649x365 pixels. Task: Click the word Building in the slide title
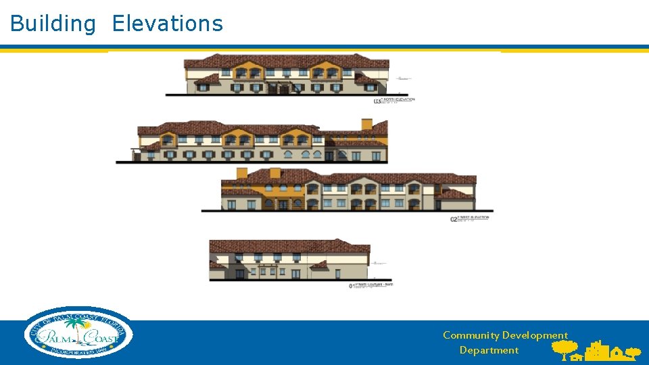53,24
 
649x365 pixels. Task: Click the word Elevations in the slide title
167,24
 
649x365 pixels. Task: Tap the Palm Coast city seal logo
78,333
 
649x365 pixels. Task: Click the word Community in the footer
471,335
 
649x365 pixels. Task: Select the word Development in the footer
535,335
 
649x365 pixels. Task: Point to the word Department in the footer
489,350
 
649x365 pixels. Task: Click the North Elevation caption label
395,100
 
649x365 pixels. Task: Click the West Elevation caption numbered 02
471,218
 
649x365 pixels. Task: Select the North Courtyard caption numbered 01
372,285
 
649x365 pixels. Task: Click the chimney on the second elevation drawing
366,124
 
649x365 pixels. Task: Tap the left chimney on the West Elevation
242,173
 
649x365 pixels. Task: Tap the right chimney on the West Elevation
274,173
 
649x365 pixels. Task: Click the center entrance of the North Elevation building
284,87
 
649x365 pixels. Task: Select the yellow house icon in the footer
616,352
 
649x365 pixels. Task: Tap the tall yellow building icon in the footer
596,350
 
